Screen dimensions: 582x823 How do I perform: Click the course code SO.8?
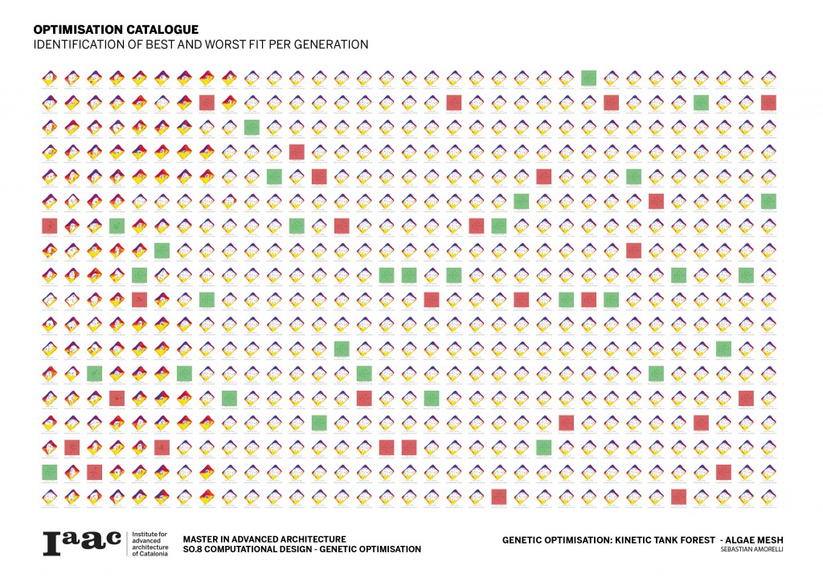click(194, 549)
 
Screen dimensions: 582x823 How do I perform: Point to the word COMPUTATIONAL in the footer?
click(249, 549)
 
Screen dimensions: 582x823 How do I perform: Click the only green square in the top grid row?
click(588, 78)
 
